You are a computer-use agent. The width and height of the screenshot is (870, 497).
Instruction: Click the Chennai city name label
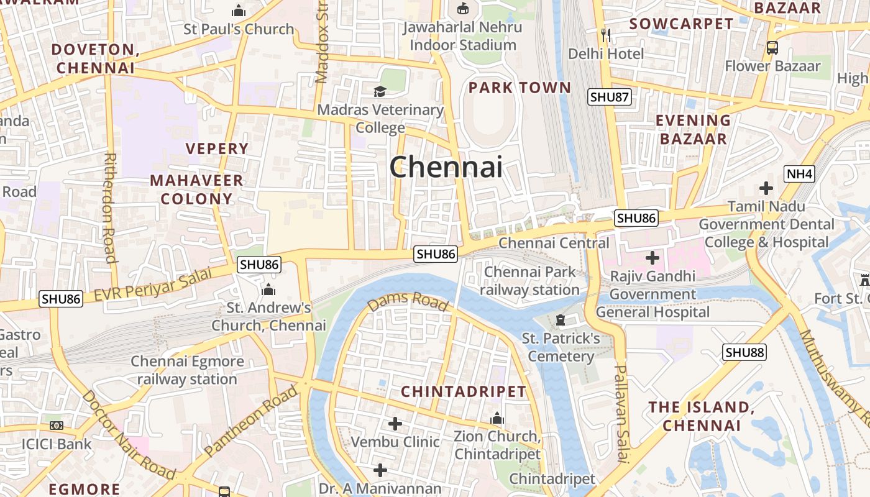[446, 166]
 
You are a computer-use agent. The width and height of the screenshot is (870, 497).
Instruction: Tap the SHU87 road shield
[610, 97]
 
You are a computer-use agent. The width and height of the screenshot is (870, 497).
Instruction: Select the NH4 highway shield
[799, 174]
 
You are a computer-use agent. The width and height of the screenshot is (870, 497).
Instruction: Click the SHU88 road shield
[744, 352]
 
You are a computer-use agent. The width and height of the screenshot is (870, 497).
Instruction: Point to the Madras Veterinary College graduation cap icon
[380, 92]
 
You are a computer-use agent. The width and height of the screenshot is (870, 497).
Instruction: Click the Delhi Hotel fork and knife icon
[607, 35]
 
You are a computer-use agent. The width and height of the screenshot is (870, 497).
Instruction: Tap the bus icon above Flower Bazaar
[772, 47]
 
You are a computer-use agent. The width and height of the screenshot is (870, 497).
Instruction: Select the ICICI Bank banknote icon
[57, 426]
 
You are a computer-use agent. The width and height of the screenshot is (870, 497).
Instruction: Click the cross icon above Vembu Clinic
[395, 424]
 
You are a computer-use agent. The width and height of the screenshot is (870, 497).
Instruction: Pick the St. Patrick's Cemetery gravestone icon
[561, 321]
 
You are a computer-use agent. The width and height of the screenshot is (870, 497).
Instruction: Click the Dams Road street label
[408, 301]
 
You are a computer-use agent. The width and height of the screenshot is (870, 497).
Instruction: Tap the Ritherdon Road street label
[110, 208]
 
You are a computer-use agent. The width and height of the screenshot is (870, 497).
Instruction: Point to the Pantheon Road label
[251, 421]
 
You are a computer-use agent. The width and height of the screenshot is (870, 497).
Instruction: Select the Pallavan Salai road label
[622, 413]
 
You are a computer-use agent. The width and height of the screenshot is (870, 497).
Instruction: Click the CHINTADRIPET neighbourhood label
[464, 392]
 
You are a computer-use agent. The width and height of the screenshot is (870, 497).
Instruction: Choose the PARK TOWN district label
[520, 88]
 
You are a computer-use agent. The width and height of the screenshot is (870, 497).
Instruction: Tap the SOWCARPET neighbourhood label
[681, 24]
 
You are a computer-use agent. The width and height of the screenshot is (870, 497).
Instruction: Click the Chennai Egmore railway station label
[187, 370]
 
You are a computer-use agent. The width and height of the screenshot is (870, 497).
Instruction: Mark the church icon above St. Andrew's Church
[268, 290]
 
